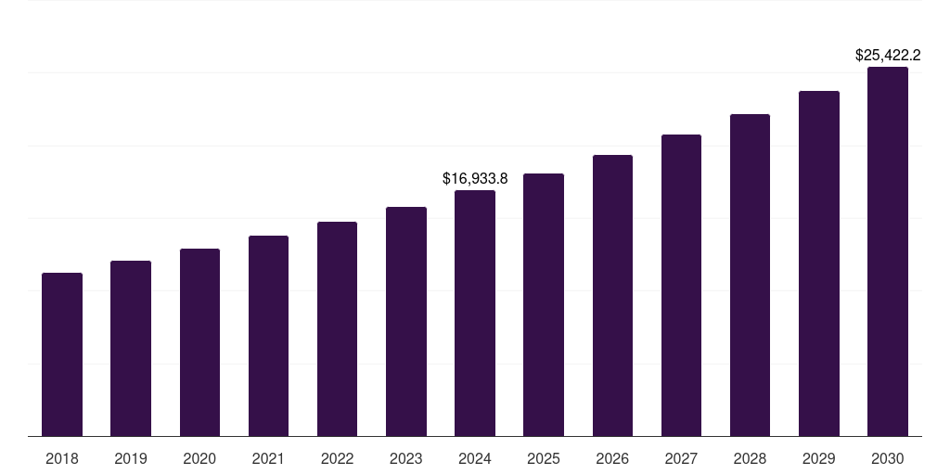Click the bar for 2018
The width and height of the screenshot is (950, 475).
point(62,354)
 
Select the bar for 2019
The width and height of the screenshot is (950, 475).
point(131,349)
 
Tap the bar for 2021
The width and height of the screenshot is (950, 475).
point(268,336)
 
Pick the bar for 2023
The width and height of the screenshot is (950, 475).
point(406,322)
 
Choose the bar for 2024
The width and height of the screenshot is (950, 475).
point(475,314)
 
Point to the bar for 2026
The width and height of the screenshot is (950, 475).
point(612,296)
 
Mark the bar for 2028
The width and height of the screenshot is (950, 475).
point(750,276)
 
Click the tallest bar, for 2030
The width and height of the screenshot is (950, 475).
point(888,251)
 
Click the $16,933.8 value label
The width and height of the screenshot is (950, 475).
point(475,177)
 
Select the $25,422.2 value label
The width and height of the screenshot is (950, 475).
point(888,55)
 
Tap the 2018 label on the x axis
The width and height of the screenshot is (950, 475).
point(62,458)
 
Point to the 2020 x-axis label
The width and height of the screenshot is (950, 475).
point(199,458)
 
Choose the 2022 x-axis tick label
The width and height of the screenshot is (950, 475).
point(337,458)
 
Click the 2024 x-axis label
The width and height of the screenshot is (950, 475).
point(475,458)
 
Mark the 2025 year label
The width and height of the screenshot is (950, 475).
point(544,458)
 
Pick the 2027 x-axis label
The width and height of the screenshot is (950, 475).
point(681,458)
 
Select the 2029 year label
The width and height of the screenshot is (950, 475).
point(819,458)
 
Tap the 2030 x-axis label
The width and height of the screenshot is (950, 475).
point(888,458)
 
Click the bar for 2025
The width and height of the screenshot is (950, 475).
point(544,305)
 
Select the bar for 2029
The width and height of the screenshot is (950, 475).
point(819,263)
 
